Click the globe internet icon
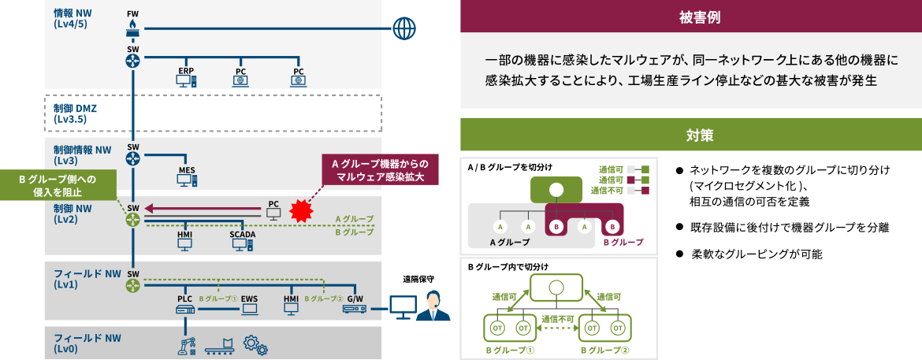tap(403, 29)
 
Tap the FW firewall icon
tap(132, 28)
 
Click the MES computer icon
tap(187, 179)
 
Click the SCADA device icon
tap(242, 244)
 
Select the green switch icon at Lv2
tap(132, 220)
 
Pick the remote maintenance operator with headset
tap(433, 306)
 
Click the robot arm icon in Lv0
tap(187, 345)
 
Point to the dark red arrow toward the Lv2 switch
tap(205, 210)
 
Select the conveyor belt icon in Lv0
tap(220, 346)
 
